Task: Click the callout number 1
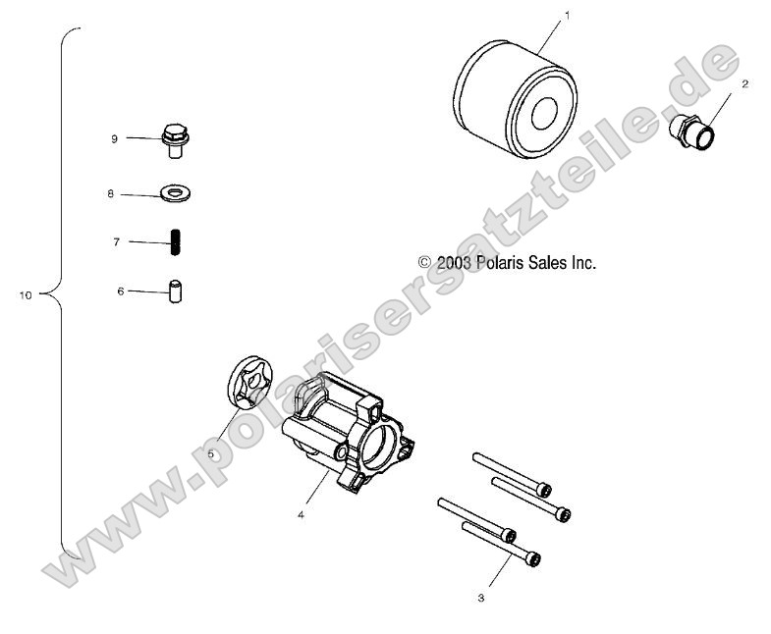pos(567,16)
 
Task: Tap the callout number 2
pos(744,84)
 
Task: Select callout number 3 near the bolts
pos(480,597)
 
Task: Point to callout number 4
pos(301,514)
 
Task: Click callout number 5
pos(210,454)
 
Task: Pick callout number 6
pos(121,291)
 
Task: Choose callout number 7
pos(116,241)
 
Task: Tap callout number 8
pos(111,194)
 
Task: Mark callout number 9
pos(114,139)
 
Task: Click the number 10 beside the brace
pos(26,294)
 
